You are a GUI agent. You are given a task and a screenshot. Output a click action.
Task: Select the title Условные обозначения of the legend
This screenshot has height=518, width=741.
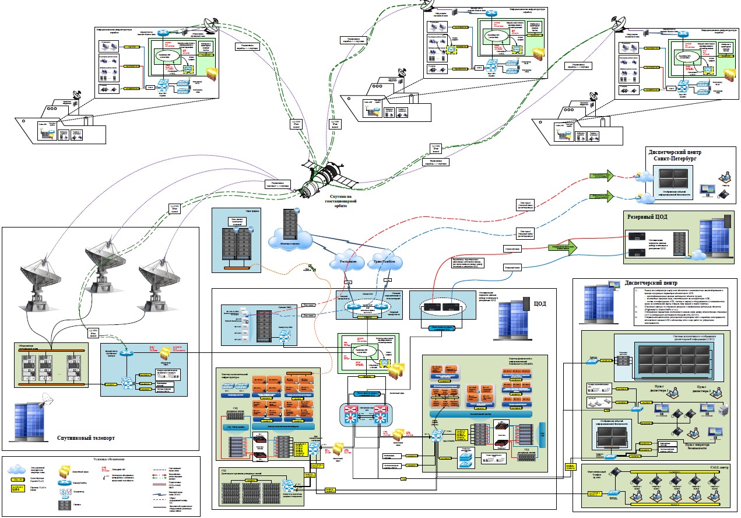[116, 460]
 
